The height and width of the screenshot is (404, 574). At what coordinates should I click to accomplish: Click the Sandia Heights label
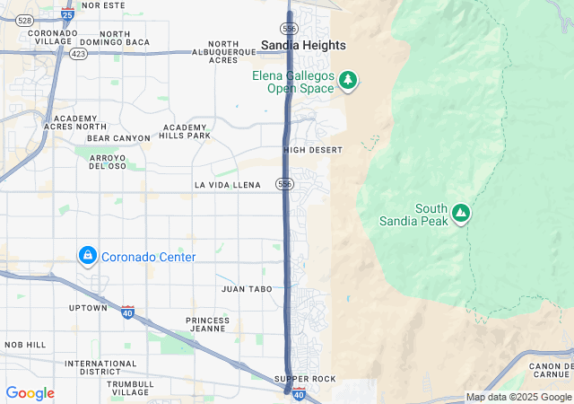(x=302, y=45)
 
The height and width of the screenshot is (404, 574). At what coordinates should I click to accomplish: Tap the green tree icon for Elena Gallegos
(x=347, y=82)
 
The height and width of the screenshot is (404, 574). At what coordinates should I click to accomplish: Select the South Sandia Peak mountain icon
(x=461, y=213)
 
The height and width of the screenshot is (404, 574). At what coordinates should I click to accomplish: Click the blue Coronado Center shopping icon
(x=88, y=257)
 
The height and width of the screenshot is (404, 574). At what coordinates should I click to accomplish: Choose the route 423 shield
(x=78, y=53)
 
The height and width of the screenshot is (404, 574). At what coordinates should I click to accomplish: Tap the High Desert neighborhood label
(x=313, y=150)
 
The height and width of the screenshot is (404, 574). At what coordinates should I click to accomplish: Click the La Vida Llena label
(x=227, y=185)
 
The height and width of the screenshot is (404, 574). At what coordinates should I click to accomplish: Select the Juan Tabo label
(x=246, y=289)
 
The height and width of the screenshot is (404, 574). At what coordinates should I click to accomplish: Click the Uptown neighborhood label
(x=88, y=308)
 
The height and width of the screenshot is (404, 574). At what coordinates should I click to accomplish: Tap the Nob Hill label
(x=24, y=345)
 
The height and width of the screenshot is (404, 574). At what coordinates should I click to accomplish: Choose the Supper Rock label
(x=305, y=379)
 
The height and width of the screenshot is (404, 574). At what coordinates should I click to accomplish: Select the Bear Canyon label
(x=118, y=138)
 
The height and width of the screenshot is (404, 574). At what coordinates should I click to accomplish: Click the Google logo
(x=30, y=393)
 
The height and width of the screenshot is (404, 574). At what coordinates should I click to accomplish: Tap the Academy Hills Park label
(x=186, y=132)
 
